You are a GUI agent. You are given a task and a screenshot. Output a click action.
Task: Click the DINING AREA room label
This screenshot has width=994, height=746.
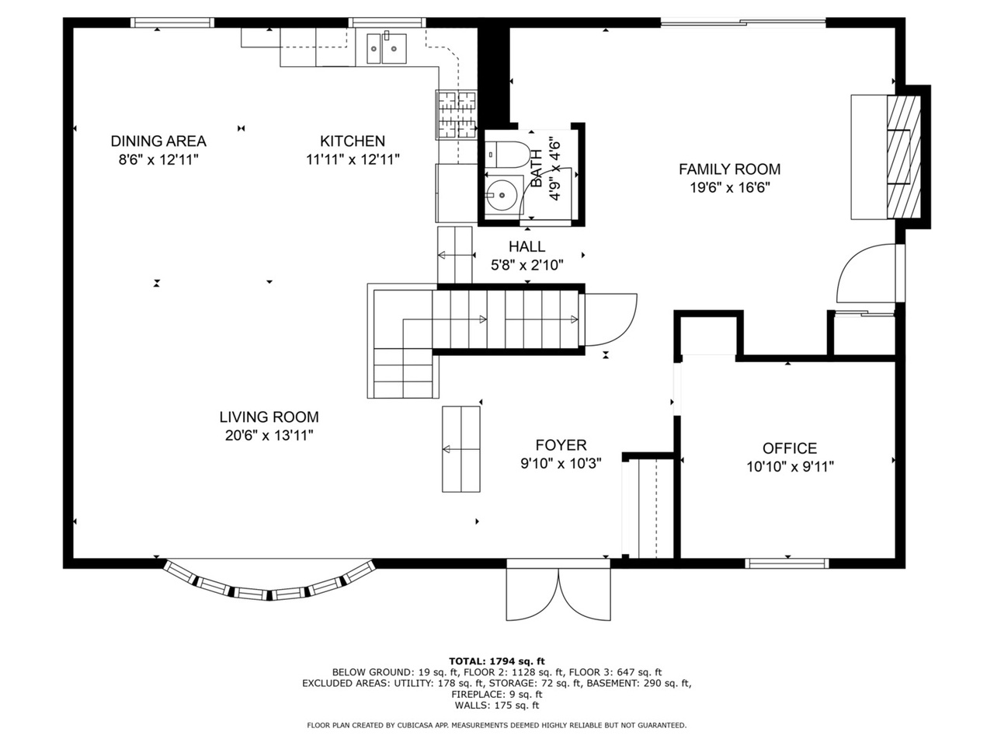[158, 141]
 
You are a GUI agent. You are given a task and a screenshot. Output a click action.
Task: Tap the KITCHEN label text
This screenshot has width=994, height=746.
[353, 141]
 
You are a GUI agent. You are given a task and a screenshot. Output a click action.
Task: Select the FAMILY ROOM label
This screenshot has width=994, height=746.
[729, 169]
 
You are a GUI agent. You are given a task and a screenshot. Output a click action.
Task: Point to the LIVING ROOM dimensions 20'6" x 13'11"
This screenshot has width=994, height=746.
[269, 435]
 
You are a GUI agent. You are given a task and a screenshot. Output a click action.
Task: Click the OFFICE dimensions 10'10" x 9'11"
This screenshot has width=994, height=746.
[790, 466]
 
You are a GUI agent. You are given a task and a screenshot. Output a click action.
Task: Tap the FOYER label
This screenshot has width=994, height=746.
[561, 445]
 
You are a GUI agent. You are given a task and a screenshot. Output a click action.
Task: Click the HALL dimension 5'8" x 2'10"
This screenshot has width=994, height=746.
[527, 265]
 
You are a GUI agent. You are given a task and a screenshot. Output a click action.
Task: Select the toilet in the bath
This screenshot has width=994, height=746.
[506, 154]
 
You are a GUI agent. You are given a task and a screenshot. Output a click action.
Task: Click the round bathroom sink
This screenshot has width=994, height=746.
[502, 195]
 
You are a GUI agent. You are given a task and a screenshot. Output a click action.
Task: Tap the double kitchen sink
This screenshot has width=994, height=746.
[386, 48]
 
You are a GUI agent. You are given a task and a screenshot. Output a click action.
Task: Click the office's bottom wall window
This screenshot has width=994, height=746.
[787, 563]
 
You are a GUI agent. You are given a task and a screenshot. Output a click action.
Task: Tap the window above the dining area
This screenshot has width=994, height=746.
[172, 23]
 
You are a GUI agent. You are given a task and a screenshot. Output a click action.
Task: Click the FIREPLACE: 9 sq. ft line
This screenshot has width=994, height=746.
[497, 695]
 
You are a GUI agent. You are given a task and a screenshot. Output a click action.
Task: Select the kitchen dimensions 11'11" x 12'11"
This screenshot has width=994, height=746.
[353, 159]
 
